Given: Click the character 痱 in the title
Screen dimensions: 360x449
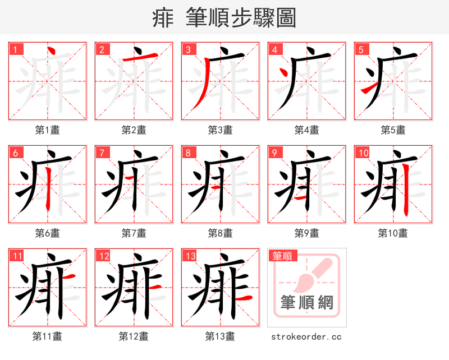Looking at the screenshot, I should click(163, 18).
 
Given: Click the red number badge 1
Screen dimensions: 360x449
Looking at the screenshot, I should click(15, 49).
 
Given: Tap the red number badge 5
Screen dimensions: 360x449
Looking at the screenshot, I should click(360, 49).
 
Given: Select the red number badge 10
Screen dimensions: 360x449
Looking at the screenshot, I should click(363, 153).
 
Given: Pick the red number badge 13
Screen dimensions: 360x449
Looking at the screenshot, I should click(190, 256).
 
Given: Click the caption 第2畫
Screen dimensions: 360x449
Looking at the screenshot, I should click(134, 130).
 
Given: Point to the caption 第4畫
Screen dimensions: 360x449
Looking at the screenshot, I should click(306, 130).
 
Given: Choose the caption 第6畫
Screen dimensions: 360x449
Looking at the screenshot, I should click(47, 233).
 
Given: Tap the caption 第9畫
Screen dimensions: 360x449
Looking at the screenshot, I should click(306, 233).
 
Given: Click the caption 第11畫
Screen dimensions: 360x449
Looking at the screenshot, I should click(47, 336).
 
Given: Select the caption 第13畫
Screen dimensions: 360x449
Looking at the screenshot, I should click(220, 336).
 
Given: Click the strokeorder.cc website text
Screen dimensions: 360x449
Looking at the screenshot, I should click(306, 337).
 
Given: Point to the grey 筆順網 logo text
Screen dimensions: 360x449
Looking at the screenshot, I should click(307, 303).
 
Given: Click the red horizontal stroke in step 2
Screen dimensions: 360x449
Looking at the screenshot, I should click(138, 59).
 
